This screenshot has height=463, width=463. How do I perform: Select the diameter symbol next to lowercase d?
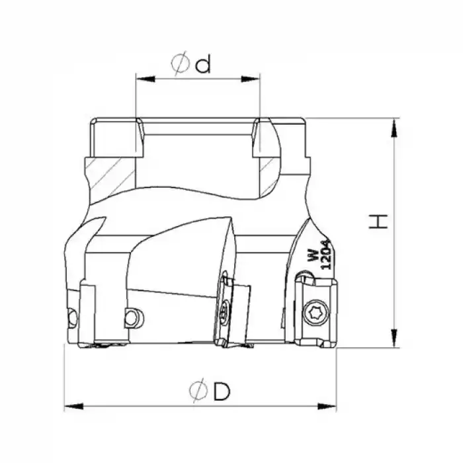tap(180, 64)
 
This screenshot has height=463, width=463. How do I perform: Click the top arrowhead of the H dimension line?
tap(396, 126)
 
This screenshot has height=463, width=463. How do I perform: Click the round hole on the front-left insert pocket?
tap(132, 318)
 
